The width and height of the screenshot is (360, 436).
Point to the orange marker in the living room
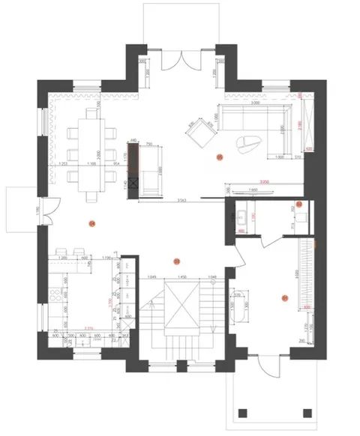(x=219, y=157)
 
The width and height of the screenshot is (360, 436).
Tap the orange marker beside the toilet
(x=298, y=204)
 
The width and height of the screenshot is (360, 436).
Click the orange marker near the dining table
(x=92, y=222)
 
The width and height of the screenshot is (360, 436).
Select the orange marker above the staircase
(x=175, y=261)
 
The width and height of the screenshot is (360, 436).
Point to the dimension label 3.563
(x=181, y=202)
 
